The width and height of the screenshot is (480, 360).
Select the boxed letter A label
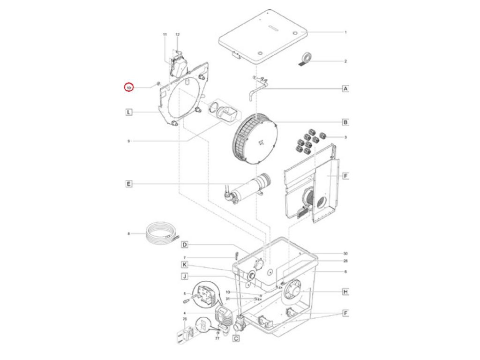coord(345,88)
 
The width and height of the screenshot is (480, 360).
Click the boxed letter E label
coord(129,184)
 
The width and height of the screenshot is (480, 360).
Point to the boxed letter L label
coord(129,112)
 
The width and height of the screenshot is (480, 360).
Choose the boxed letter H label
coord(345,292)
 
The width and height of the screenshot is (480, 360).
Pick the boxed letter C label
coord(236,337)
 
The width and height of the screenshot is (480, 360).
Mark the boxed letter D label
coord(185,245)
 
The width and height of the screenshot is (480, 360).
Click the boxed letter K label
coord(185,264)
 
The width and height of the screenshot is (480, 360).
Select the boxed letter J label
coord(185,277)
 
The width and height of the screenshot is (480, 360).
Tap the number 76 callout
coord(185,319)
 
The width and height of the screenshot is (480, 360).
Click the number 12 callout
coord(178,35)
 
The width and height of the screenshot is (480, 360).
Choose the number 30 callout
coord(345,253)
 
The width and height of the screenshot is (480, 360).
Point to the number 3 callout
coord(345,137)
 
